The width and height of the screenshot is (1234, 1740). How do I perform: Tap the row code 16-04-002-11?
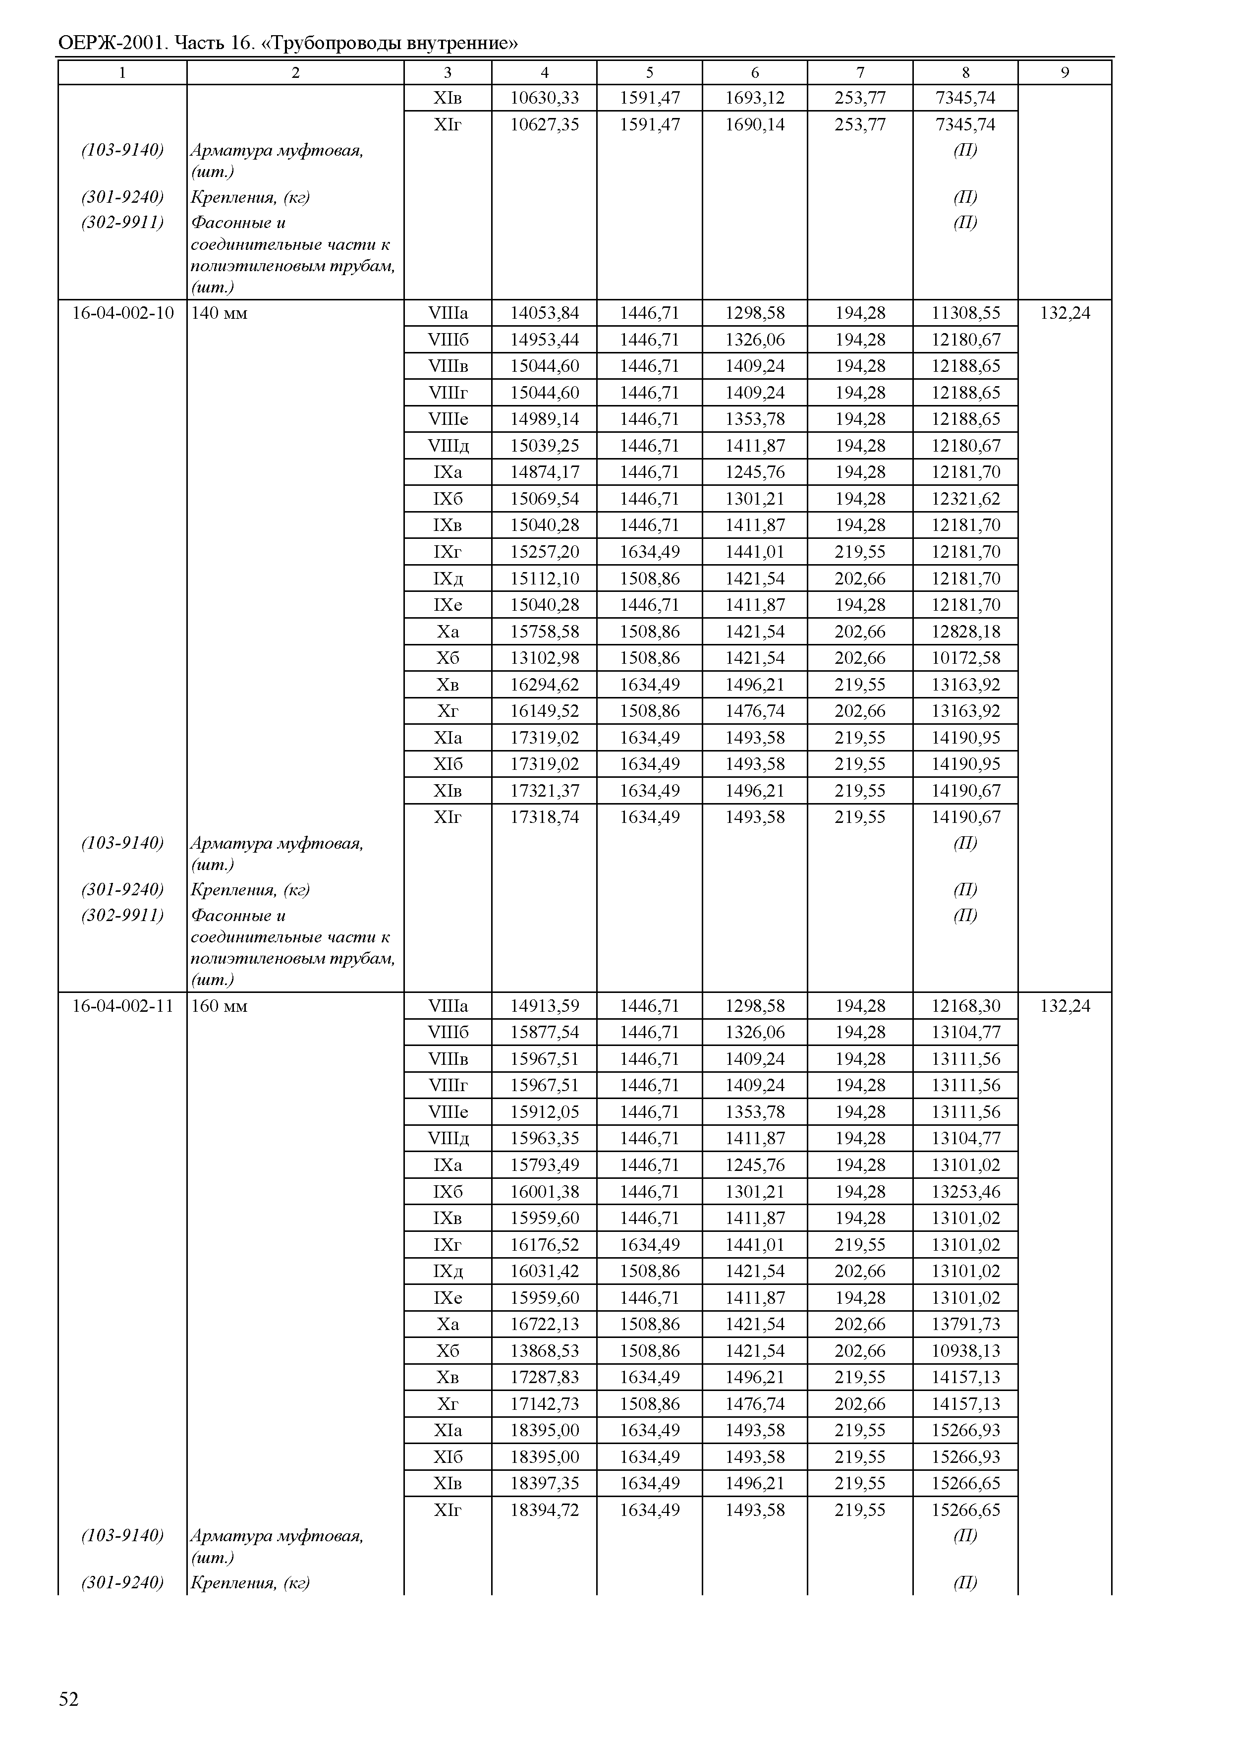(x=122, y=1006)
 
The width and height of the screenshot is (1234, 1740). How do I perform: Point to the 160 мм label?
(x=219, y=1006)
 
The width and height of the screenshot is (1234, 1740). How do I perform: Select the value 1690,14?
(x=755, y=124)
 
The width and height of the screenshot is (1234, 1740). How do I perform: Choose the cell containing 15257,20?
(x=544, y=552)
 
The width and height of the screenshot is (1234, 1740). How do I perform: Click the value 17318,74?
(x=544, y=817)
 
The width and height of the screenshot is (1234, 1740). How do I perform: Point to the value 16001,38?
(x=544, y=1192)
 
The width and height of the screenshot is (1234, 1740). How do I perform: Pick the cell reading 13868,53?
(x=544, y=1351)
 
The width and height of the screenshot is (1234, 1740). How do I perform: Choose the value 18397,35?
(x=544, y=1483)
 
